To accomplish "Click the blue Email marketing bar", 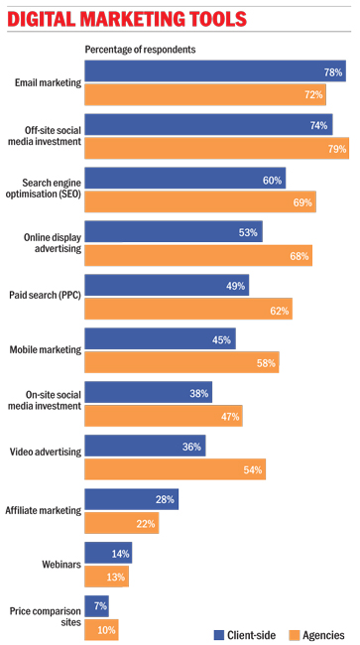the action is (215, 71).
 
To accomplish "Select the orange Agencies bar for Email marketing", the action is (205, 94).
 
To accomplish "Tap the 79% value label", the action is (337, 149).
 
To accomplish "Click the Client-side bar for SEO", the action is (184, 178).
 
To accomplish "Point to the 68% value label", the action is (299, 256).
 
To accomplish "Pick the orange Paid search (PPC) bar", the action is (188, 309).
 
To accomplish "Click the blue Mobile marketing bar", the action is (160, 338).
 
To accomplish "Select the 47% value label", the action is (230, 417).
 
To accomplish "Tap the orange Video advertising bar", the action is (176, 469).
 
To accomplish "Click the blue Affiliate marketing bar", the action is (132, 499).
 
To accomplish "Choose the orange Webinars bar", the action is (106, 577).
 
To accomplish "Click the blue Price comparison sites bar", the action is (96, 606).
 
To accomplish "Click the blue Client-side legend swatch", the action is (218, 635).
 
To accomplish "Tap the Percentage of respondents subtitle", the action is (140, 50).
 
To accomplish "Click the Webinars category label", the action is (61, 565).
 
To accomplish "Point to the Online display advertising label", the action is (53, 243).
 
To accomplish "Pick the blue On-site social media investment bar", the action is (149, 392).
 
